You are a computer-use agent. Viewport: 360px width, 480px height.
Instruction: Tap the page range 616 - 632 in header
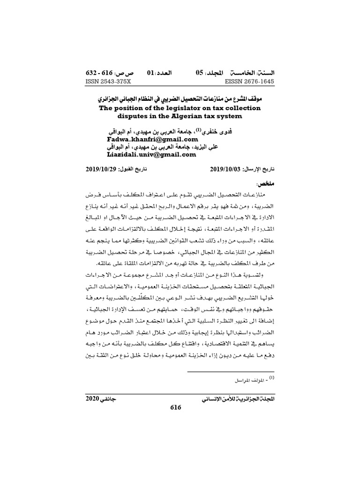point(97,74)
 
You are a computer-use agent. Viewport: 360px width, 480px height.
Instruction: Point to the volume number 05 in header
point(200,74)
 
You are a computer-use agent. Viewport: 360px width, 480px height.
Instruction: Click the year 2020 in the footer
point(93,399)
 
